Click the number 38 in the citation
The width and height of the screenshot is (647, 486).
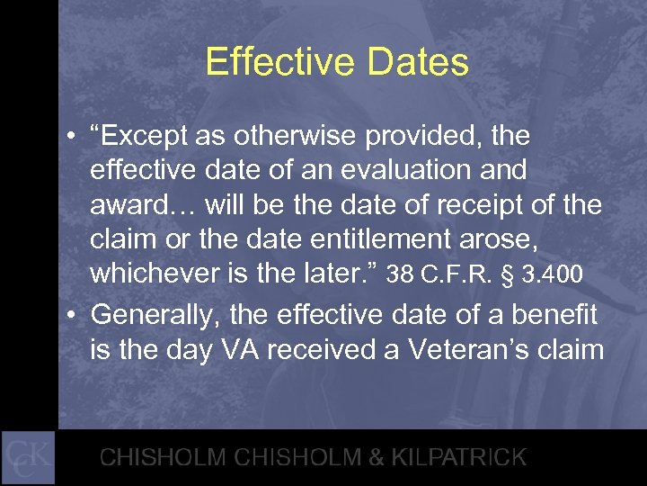click(x=402, y=274)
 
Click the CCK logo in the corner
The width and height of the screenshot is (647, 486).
click(x=28, y=457)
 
